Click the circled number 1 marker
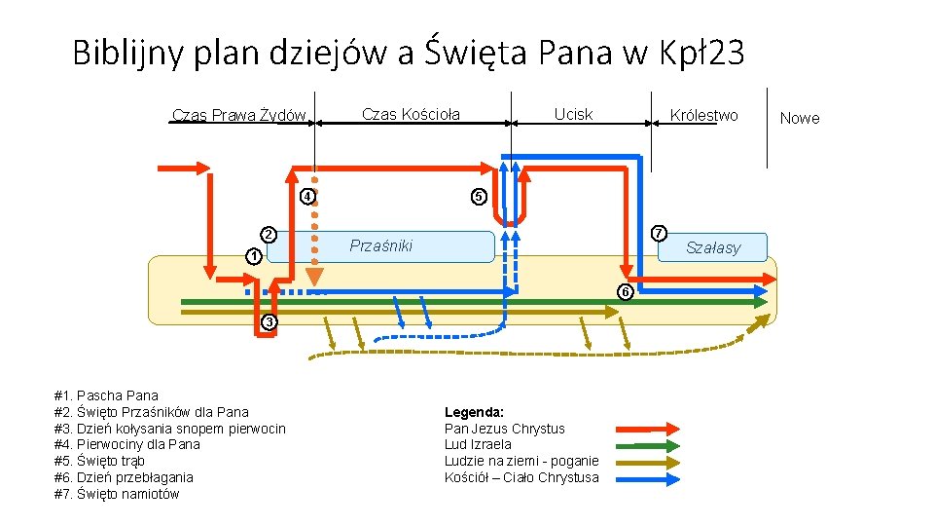253,256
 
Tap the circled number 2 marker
268,234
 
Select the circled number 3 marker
269,322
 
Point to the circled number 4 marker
306,197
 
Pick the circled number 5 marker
478,197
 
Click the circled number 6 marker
626,292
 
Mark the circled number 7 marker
659,234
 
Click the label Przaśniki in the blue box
380,245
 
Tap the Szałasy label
712,247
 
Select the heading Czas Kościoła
411,115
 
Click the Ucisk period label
573,115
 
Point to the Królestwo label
703,116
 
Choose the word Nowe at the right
800,119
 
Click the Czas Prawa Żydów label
239,116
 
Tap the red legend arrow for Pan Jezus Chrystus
647,428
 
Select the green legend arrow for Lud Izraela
647,444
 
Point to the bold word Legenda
474,412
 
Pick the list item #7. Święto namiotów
118,494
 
